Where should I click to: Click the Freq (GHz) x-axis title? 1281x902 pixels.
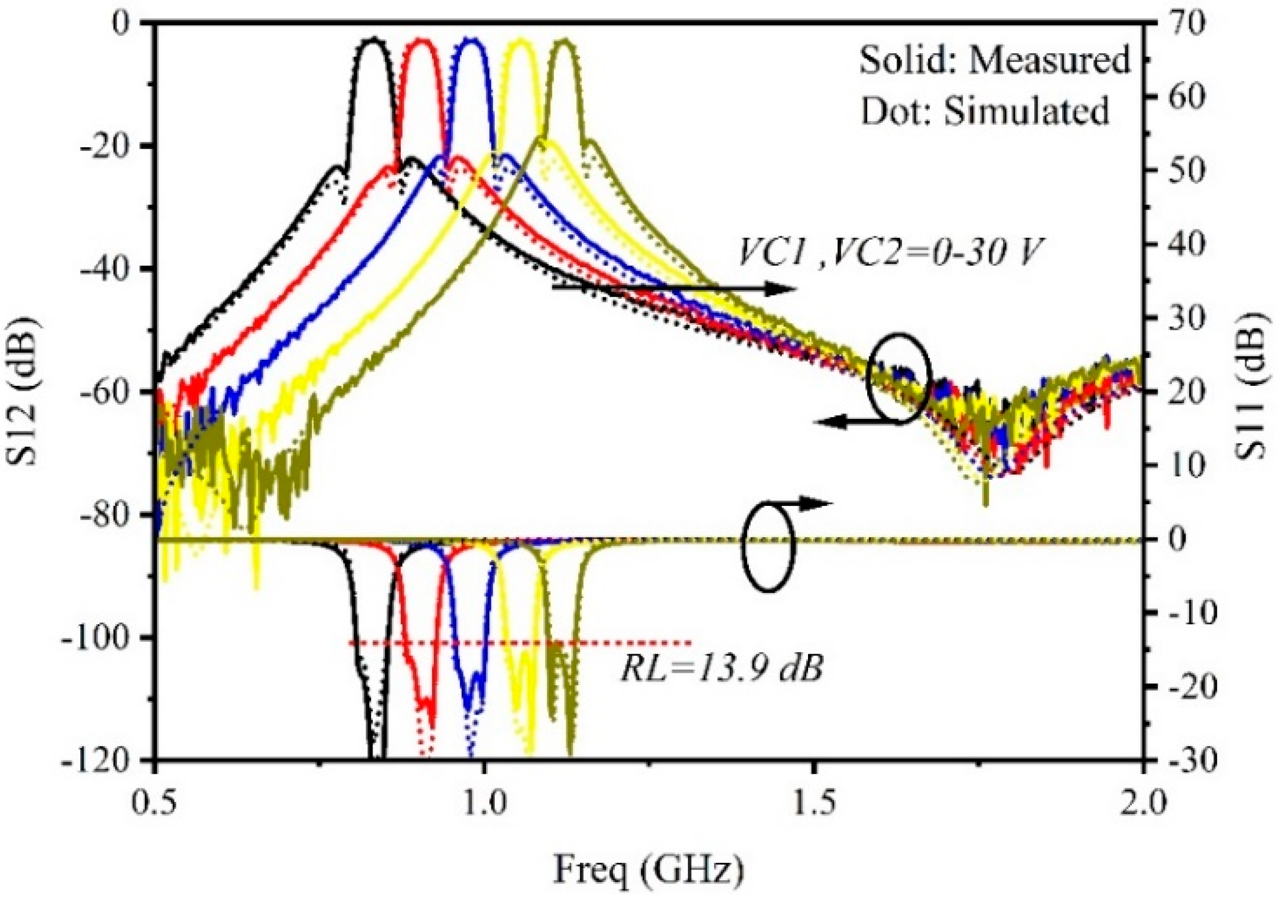point(648,869)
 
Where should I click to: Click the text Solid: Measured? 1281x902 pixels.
point(994,60)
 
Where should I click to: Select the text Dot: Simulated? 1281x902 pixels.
point(985,110)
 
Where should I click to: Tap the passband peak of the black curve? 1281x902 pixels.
point(375,40)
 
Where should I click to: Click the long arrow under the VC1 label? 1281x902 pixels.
point(675,288)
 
